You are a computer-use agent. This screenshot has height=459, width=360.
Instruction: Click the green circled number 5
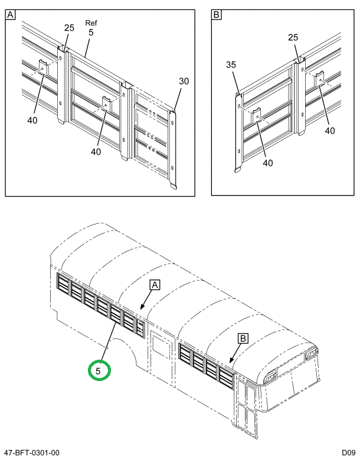point(99,370)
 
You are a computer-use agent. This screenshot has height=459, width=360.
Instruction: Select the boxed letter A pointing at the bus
point(155,285)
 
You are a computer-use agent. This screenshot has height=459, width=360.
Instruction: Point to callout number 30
point(184,82)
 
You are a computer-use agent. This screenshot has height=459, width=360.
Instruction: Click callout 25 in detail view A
point(70,28)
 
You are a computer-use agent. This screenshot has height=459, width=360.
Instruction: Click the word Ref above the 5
point(91,23)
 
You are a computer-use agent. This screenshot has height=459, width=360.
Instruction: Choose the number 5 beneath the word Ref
point(91,33)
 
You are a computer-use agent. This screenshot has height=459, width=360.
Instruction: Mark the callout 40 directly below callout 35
point(267,162)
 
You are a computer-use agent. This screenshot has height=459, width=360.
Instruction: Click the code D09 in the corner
point(346,453)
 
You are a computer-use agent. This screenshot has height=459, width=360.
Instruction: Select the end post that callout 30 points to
point(172,148)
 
